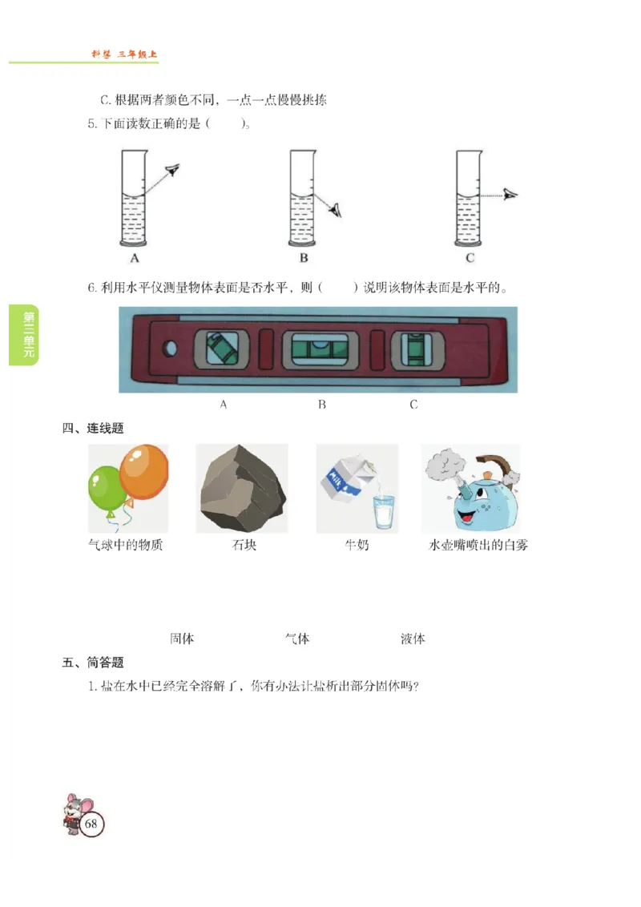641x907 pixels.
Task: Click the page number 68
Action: tap(91, 824)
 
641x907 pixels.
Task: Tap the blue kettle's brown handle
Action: tap(494, 466)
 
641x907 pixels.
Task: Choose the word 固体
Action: tap(182, 639)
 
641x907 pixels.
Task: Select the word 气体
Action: tap(297, 639)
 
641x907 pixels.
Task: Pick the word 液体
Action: tap(413, 639)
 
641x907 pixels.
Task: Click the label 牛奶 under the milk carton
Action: tap(357, 546)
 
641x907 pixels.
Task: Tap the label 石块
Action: tap(244, 546)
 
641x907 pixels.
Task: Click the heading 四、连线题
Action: tap(93, 429)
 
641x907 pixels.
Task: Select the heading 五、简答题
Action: tap(93, 663)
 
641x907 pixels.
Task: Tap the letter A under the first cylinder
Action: tap(135, 258)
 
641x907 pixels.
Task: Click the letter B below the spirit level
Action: tap(322, 405)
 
